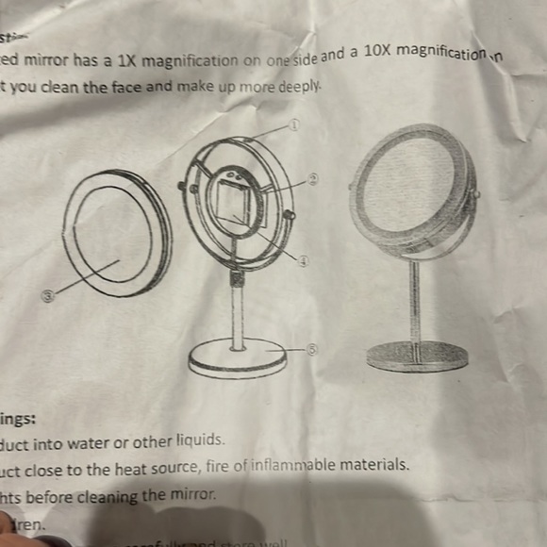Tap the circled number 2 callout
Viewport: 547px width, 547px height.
314,177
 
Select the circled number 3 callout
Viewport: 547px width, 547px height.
48,295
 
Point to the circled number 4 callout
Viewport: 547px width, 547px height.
304,261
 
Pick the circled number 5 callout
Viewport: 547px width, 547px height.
313,348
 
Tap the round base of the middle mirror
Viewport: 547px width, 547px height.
237,357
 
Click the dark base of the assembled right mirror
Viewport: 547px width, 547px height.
416,356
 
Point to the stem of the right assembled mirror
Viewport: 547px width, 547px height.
413,300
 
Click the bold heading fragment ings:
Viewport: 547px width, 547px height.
19,419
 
